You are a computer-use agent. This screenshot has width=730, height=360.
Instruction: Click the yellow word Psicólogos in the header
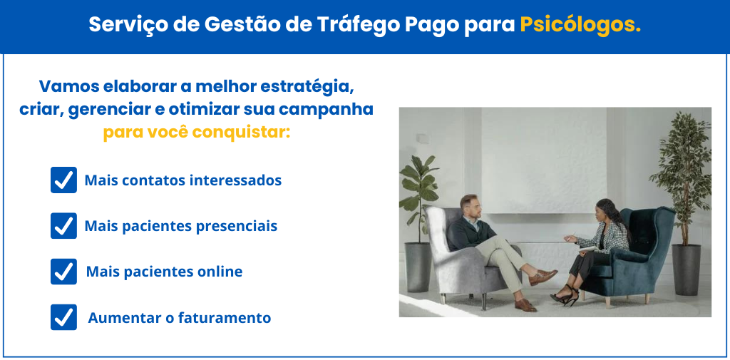(580, 25)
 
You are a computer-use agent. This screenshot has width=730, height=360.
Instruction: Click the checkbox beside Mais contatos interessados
(63, 180)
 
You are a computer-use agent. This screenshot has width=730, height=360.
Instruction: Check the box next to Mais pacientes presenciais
(63, 226)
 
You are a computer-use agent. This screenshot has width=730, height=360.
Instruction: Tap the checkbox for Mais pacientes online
(63, 272)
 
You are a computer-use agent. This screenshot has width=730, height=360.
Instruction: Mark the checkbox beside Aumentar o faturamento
(63, 318)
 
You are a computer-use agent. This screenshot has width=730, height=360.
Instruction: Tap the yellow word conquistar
(241, 133)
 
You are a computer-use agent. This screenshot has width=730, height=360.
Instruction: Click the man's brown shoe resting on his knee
(543, 277)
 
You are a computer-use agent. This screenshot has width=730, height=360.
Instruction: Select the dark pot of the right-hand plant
(686, 269)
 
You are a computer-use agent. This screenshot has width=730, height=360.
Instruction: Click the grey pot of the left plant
(417, 267)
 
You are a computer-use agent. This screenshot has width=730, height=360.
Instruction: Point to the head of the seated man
(469, 207)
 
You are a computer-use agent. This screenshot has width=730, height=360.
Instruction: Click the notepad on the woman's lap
(587, 250)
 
